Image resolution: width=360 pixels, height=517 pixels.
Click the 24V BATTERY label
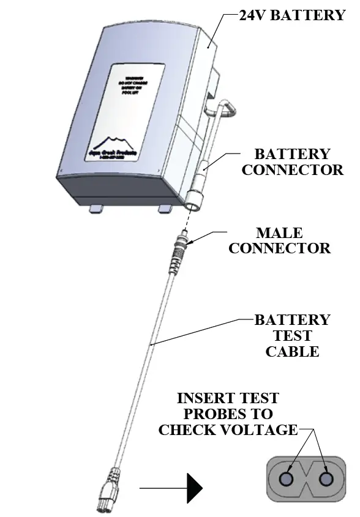point(292,15)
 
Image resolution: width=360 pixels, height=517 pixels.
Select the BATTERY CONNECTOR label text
point(292,162)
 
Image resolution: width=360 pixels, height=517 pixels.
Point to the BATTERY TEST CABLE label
point(292,335)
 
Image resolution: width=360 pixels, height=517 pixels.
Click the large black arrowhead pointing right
point(194,488)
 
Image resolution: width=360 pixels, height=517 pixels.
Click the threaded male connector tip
point(182,242)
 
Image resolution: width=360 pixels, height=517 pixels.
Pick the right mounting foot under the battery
point(165,209)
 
